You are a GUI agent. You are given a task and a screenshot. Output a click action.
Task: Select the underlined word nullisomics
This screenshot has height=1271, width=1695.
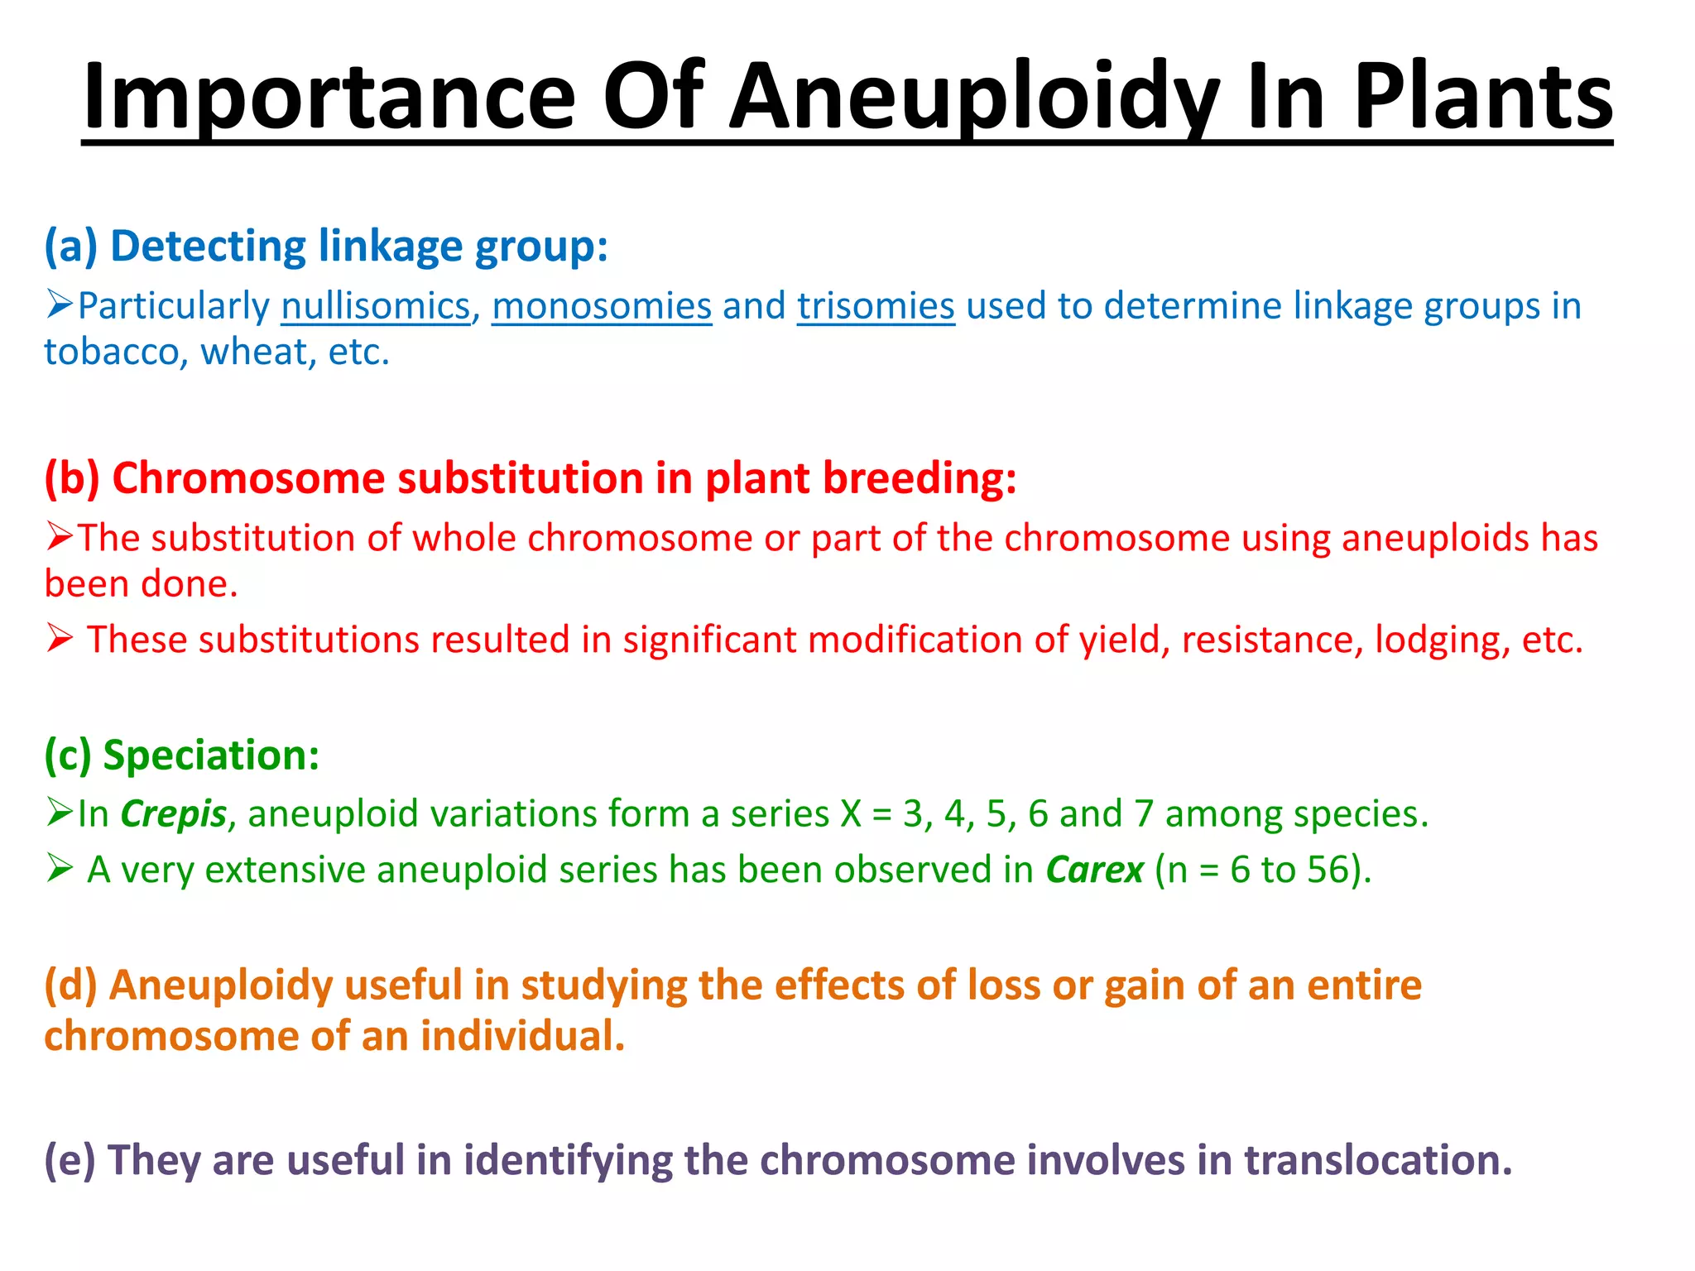(x=376, y=306)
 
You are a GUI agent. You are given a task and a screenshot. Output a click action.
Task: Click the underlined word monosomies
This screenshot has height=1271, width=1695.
(x=602, y=306)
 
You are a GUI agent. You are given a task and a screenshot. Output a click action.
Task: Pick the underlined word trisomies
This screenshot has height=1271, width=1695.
(x=876, y=306)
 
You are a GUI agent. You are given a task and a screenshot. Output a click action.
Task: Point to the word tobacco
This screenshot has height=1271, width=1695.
(x=112, y=353)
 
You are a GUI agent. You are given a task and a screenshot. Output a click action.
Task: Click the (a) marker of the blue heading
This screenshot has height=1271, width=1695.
(x=71, y=247)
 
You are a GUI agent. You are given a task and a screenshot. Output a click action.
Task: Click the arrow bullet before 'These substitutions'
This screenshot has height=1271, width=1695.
(x=60, y=639)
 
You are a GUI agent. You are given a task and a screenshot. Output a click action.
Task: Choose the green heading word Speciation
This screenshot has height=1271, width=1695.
(x=211, y=755)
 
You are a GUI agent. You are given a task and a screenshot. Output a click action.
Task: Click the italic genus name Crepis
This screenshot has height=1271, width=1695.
(x=174, y=814)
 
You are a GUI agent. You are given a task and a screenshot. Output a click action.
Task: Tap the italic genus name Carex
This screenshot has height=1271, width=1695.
(x=1094, y=871)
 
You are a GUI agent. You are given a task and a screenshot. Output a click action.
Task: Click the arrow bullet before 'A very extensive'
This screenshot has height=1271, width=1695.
(x=60, y=869)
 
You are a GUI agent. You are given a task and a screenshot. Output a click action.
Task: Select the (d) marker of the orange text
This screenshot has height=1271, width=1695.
(x=71, y=985)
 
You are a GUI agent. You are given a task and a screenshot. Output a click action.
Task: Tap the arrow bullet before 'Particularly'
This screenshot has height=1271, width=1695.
(x=60, y=305)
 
